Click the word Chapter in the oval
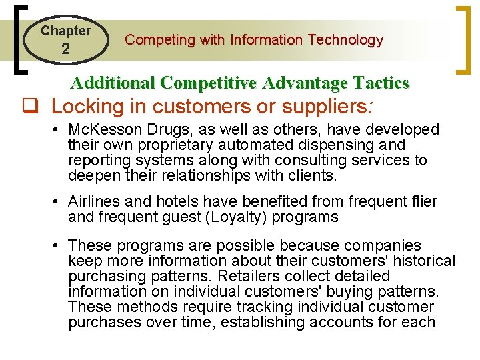pos(65,31)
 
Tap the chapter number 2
pos(65,49)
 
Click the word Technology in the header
pos(344,40)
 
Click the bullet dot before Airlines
pos(59,202)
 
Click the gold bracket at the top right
pos(460,40)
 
